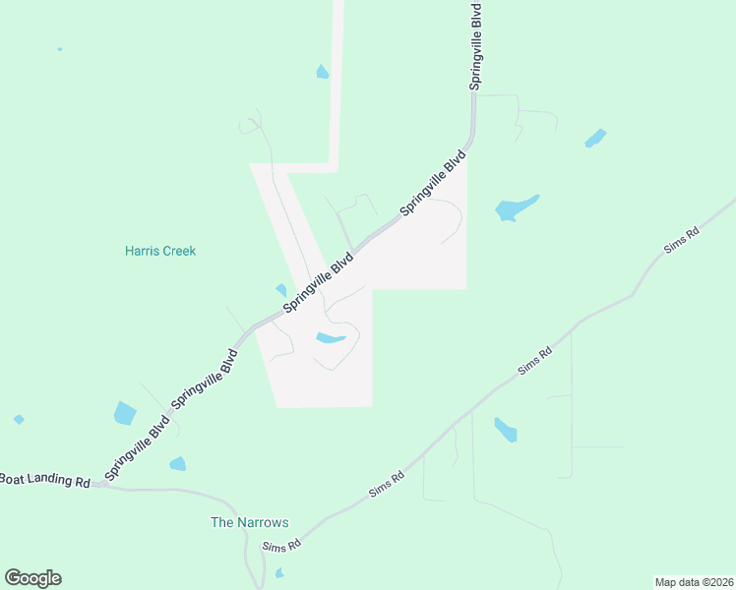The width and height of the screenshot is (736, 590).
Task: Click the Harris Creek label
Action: tap(160, 251)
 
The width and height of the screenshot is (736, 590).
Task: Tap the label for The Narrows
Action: tap(250, 522)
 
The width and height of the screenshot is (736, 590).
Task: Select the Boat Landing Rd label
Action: tap(45, 480)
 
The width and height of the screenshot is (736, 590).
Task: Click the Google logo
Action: tap(32, 578)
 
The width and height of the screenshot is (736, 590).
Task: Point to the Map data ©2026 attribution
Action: tap(694, 582)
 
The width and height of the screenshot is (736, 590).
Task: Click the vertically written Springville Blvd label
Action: tap(476, 46)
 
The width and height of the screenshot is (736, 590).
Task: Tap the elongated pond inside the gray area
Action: tap(331, 339)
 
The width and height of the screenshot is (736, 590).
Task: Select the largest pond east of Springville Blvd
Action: tap(515, 207)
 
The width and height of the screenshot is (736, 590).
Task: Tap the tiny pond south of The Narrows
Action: tap(279, 572)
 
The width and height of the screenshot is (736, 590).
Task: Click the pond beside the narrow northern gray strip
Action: tap(322, 72)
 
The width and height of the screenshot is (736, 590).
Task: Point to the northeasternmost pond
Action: tap(595, 138)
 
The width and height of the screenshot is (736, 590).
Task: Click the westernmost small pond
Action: tap(19, 420)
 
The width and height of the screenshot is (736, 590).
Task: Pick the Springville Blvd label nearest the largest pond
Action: tap(433, 183)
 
